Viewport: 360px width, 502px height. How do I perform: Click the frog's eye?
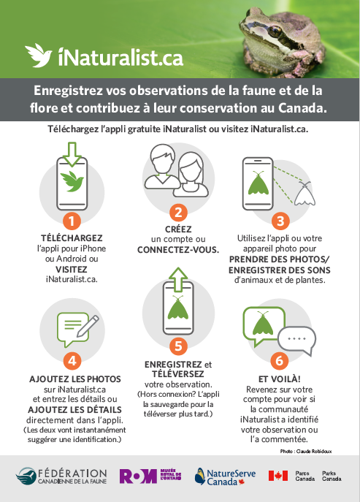275,31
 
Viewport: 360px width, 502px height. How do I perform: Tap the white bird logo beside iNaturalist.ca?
39,55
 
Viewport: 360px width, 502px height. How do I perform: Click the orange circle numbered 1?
72,221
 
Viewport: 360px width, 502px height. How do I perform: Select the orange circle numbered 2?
178,212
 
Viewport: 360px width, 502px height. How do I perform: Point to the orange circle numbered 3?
280,221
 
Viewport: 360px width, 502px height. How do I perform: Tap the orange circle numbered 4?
72,361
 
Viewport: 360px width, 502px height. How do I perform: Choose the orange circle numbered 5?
178,346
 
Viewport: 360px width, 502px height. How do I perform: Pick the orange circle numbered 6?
280,360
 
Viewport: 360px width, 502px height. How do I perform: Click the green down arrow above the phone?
72,154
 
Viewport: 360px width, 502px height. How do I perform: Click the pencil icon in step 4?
88,326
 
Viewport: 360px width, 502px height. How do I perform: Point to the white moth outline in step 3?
305,194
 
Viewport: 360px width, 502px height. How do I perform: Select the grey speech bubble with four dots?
296,341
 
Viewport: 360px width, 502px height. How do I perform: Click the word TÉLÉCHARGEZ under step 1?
72,238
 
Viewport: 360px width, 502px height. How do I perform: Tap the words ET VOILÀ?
280,379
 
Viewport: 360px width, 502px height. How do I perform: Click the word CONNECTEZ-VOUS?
178,250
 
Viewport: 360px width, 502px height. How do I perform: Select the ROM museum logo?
150,476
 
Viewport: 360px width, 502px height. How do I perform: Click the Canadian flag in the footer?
278,476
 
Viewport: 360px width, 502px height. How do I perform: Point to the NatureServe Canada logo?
226,476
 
